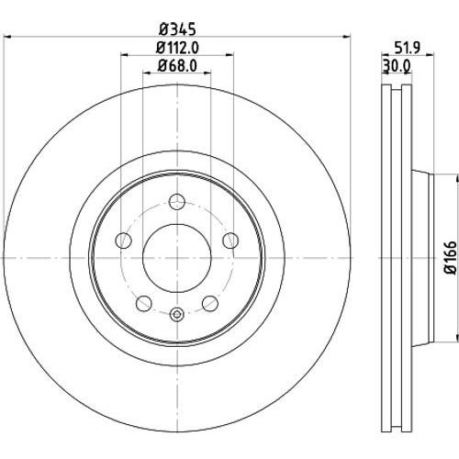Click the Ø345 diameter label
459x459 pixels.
coord(177,29)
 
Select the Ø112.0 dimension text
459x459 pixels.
coord(177,48)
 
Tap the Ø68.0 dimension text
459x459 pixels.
coord(177,65)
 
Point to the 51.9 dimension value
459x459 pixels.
coord(408,48)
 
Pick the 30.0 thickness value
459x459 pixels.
coord(397,65)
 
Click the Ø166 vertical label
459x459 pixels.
coord(451,257)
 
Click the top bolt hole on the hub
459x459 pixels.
coord(177,202)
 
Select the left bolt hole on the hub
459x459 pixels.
coord(123,241)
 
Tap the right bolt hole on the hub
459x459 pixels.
coord(230,241)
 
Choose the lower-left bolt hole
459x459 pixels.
coord(144,303)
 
